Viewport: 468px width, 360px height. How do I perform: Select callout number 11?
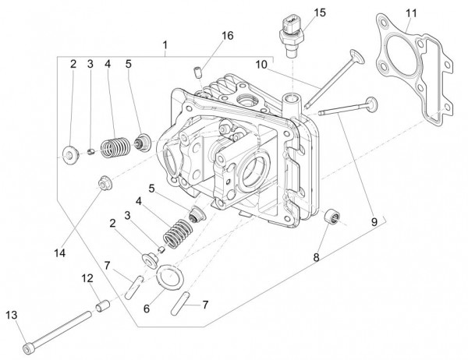(412, 13)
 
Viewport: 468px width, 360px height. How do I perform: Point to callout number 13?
(11, 315)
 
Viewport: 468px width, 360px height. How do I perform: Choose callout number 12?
(87, 277)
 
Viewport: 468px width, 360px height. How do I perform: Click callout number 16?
(227, 36)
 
